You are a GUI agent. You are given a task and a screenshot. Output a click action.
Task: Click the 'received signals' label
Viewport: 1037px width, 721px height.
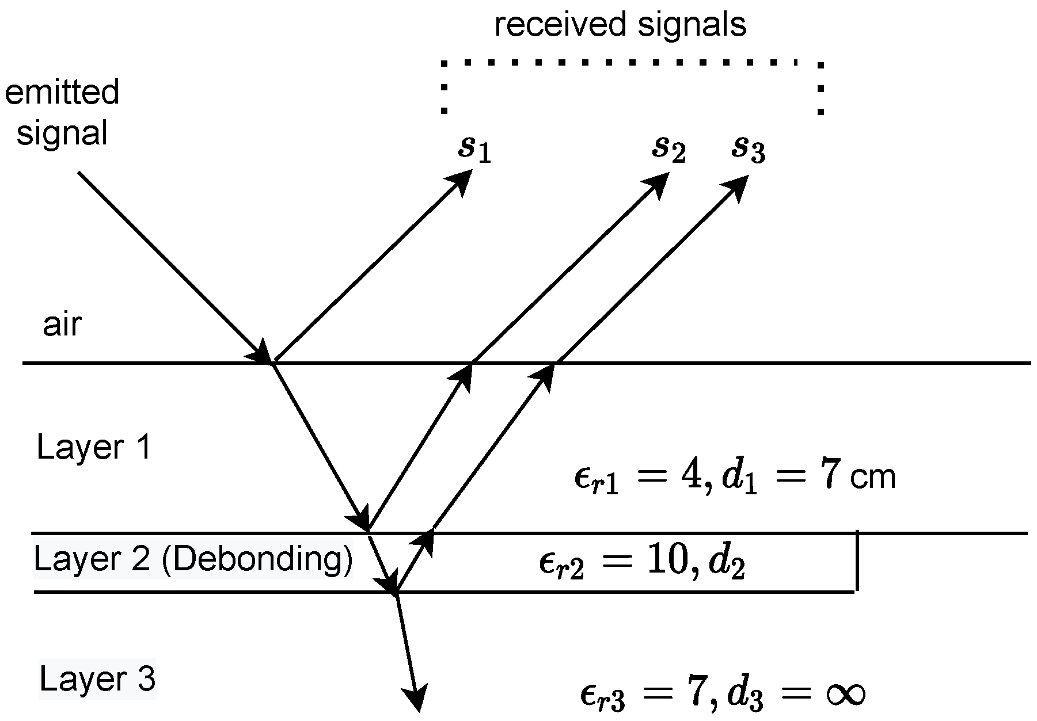pos(620,25)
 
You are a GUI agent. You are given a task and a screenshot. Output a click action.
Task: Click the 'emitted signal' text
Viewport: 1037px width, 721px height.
pos(62,113)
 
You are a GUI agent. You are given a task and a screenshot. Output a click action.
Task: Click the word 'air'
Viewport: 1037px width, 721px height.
pos(62,325)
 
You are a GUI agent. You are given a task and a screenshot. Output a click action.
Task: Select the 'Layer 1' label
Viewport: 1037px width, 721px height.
pos(94,448)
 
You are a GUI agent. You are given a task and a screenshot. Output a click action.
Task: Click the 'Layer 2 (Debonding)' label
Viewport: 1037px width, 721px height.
pos(193,559)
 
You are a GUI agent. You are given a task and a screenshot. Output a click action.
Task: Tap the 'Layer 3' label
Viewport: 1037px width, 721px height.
pos(97,680)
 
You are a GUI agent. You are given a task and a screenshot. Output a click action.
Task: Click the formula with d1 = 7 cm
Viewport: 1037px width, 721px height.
pos(734,478)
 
